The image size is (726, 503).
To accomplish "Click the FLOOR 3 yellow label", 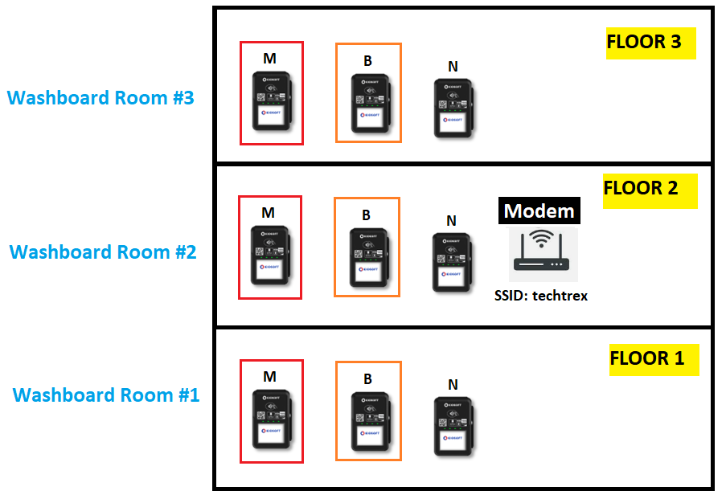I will click(x=650, y=43).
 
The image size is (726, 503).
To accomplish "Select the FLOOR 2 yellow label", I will click(x=649, y=190).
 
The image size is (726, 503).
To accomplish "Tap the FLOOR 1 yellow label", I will click(x=654, y=359).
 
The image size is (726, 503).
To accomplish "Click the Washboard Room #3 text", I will click(x=100, y=99).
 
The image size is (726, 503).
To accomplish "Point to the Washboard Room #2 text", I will click(x=103, y=251).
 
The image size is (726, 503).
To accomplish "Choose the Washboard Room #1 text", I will click(x=106, y=395).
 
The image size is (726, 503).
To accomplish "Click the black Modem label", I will click(x=539, y=211).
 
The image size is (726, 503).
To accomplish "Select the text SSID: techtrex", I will click(x=540, y=296).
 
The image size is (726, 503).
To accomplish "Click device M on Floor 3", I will click(x=272, y=103).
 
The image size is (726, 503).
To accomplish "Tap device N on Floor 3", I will click(x=453, y=108).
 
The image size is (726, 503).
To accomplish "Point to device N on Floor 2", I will click(x=452, y=262).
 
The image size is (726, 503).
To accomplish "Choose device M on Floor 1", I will click(x=272, y=421).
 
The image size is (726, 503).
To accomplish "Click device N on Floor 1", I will click(x=453, y=426).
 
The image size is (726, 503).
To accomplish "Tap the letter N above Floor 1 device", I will click(x=453, y=385).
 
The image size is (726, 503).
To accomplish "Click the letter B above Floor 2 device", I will click(x=366, y=215).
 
